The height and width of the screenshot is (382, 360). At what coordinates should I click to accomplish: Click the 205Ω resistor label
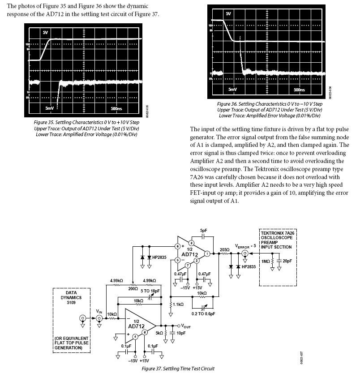pyautogui.click(x=225, y=249)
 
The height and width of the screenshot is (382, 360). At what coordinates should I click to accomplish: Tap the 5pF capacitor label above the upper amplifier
pyautogui.click(x=204, y=231)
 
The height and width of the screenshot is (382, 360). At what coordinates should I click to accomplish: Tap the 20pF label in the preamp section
pyautogui.click(x=287, y=261)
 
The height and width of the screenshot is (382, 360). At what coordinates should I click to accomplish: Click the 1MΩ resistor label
pyautogui.click(x=266, y=261)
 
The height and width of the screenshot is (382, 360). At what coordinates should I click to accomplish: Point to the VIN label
pyautogui.click(x=99, y=311)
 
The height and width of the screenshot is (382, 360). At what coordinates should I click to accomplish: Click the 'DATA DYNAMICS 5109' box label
pyautogui.click(x=68, y=297)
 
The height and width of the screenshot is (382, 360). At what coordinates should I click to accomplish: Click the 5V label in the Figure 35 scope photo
pyautogui.click(x=45, y=33)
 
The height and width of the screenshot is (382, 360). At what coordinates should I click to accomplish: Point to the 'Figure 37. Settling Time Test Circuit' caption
pyautogui.click(x=178, y=369)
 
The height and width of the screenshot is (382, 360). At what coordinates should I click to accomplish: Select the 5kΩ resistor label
pyautogui.click(x=159, y=333)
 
